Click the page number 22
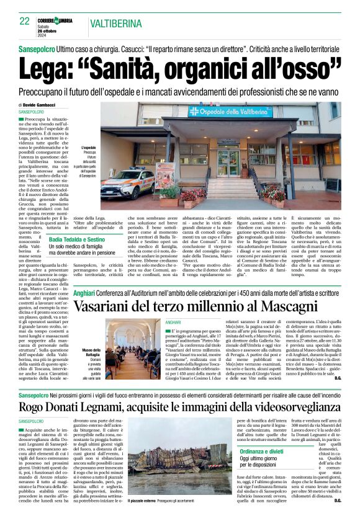(25, 21)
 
